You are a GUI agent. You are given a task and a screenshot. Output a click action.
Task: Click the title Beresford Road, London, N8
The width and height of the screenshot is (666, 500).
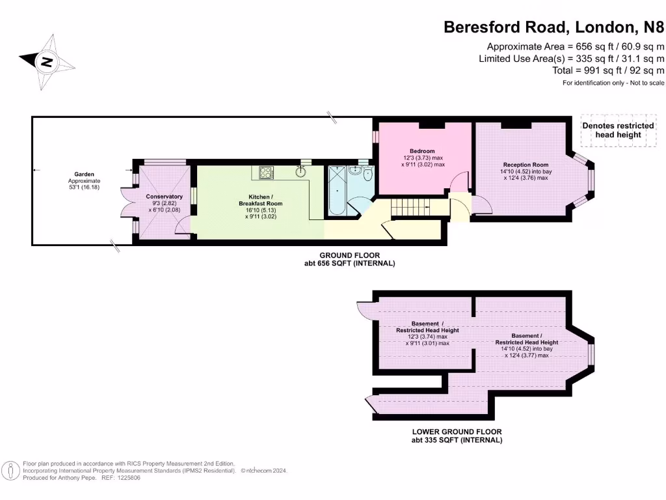553,27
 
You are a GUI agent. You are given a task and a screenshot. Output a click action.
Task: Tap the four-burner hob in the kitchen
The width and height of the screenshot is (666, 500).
267,173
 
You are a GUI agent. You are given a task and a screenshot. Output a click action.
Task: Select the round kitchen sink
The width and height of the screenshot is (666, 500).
301,173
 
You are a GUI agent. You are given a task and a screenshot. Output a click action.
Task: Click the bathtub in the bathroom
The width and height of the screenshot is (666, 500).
338,189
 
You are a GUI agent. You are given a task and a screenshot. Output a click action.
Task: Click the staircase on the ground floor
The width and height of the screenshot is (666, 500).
411,208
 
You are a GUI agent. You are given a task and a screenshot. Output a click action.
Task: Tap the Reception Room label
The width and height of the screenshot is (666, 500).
526,165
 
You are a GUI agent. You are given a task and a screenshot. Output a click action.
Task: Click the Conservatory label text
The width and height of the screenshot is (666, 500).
164,197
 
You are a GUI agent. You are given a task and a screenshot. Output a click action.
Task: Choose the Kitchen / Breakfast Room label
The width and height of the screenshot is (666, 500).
265,200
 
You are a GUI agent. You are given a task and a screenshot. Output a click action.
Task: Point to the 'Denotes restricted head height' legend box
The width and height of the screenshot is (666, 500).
618,130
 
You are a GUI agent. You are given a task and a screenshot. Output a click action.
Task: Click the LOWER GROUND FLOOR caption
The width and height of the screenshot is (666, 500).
457,432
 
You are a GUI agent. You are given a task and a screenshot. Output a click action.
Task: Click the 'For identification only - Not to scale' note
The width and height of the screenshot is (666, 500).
613,83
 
